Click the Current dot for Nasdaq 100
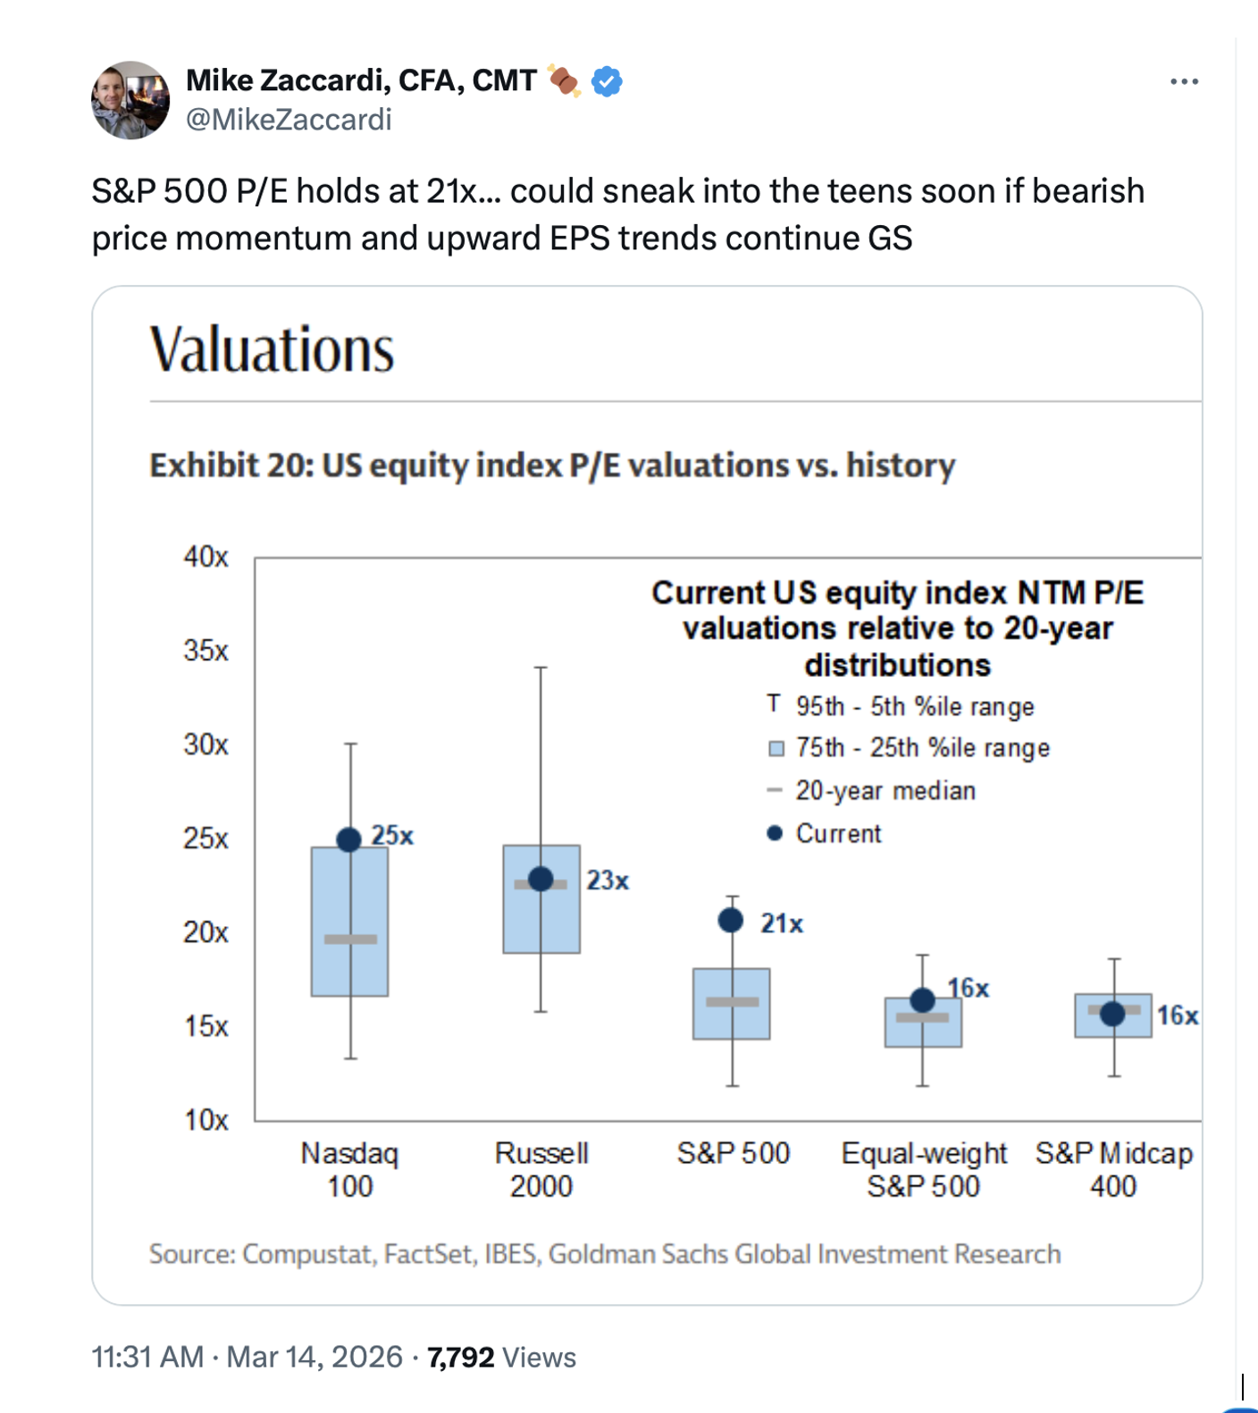coord(349,840)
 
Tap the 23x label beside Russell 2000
coord(608,881)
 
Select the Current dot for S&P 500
coord(731,920)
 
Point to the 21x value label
coord(782,924)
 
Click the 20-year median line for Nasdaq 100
coord(350,939)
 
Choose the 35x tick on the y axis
coord(206,650)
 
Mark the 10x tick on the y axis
coord(206,1120)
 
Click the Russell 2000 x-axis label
coord(541,1169)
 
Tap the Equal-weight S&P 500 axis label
coord(924,1169)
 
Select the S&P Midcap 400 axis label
coord(1113,1169)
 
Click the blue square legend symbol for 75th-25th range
coord(776,748)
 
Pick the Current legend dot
coord(775,833)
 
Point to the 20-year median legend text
coord(885,790)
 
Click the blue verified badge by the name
coord(607,82)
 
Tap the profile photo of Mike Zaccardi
coord(130,100)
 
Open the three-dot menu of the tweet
coord(1184,82)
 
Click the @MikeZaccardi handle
coord(289,120)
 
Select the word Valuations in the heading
coord(273,349)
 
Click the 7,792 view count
coord(461,1357)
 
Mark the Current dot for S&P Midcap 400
coord(1112,1014)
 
